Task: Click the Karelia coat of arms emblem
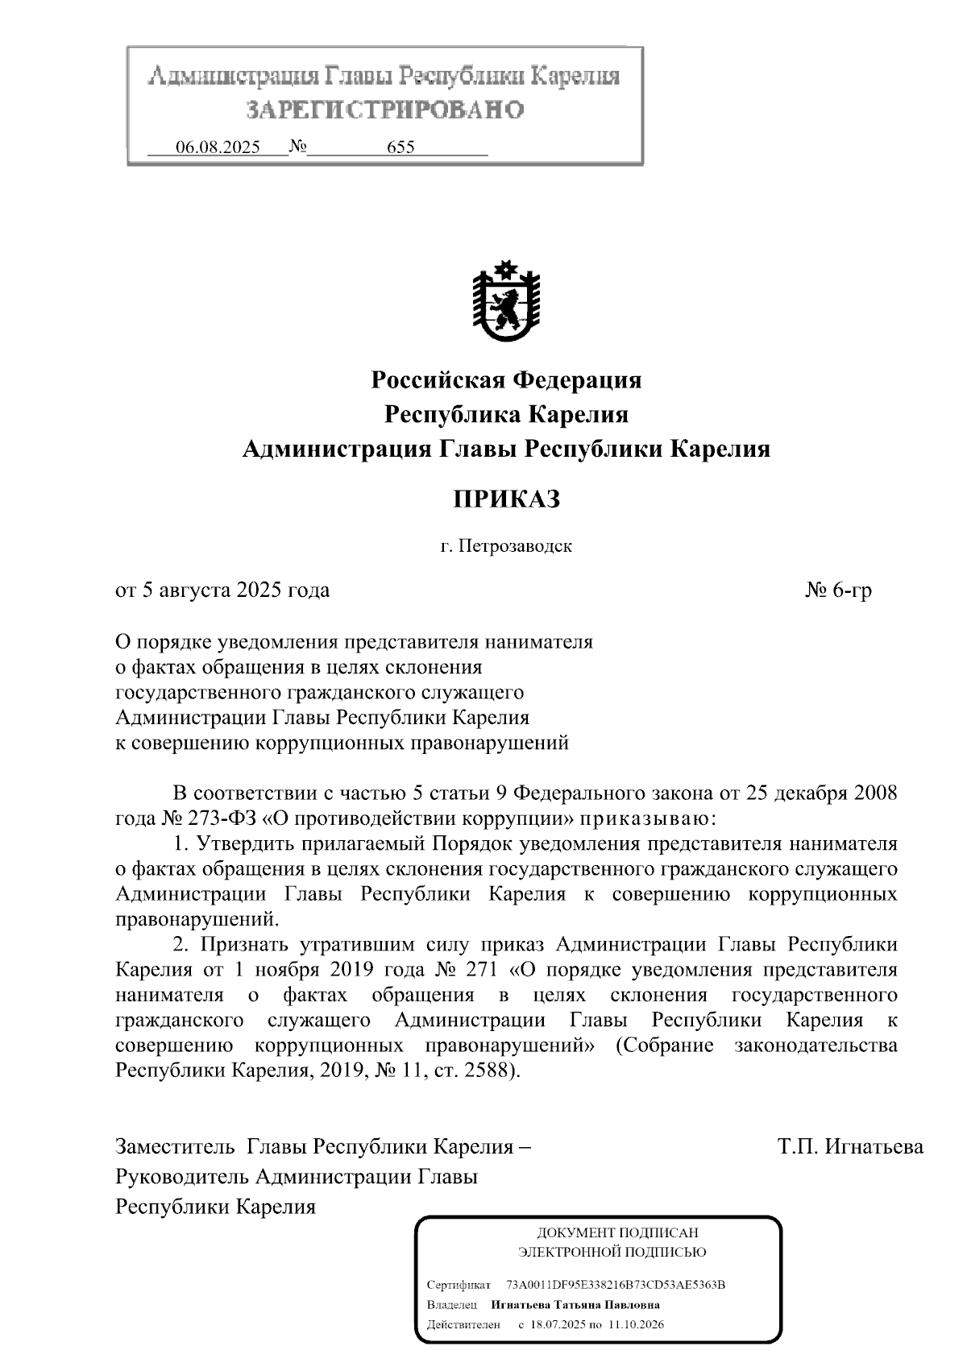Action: pyautogui.click(x=506, y=302)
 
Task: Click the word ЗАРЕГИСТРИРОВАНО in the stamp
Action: pyautogui.click(x=384, y=110)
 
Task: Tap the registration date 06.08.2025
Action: pyautogui.click(x=218, y=147)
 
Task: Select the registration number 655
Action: pyautogui.click(x=400, y=147)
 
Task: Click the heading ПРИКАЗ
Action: pyautogui.click(x=506, y=499)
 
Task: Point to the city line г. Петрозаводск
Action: pyautogui.click(x=506, y=546)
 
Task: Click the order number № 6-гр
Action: pyautogui.click(x=839, y=590)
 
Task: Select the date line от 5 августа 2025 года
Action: pyautogui.click(x=223, y=590)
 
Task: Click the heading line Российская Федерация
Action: pyautogui.click(x=506, y=379)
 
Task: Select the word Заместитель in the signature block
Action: pyautogui.click(x=175, y=1146)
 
